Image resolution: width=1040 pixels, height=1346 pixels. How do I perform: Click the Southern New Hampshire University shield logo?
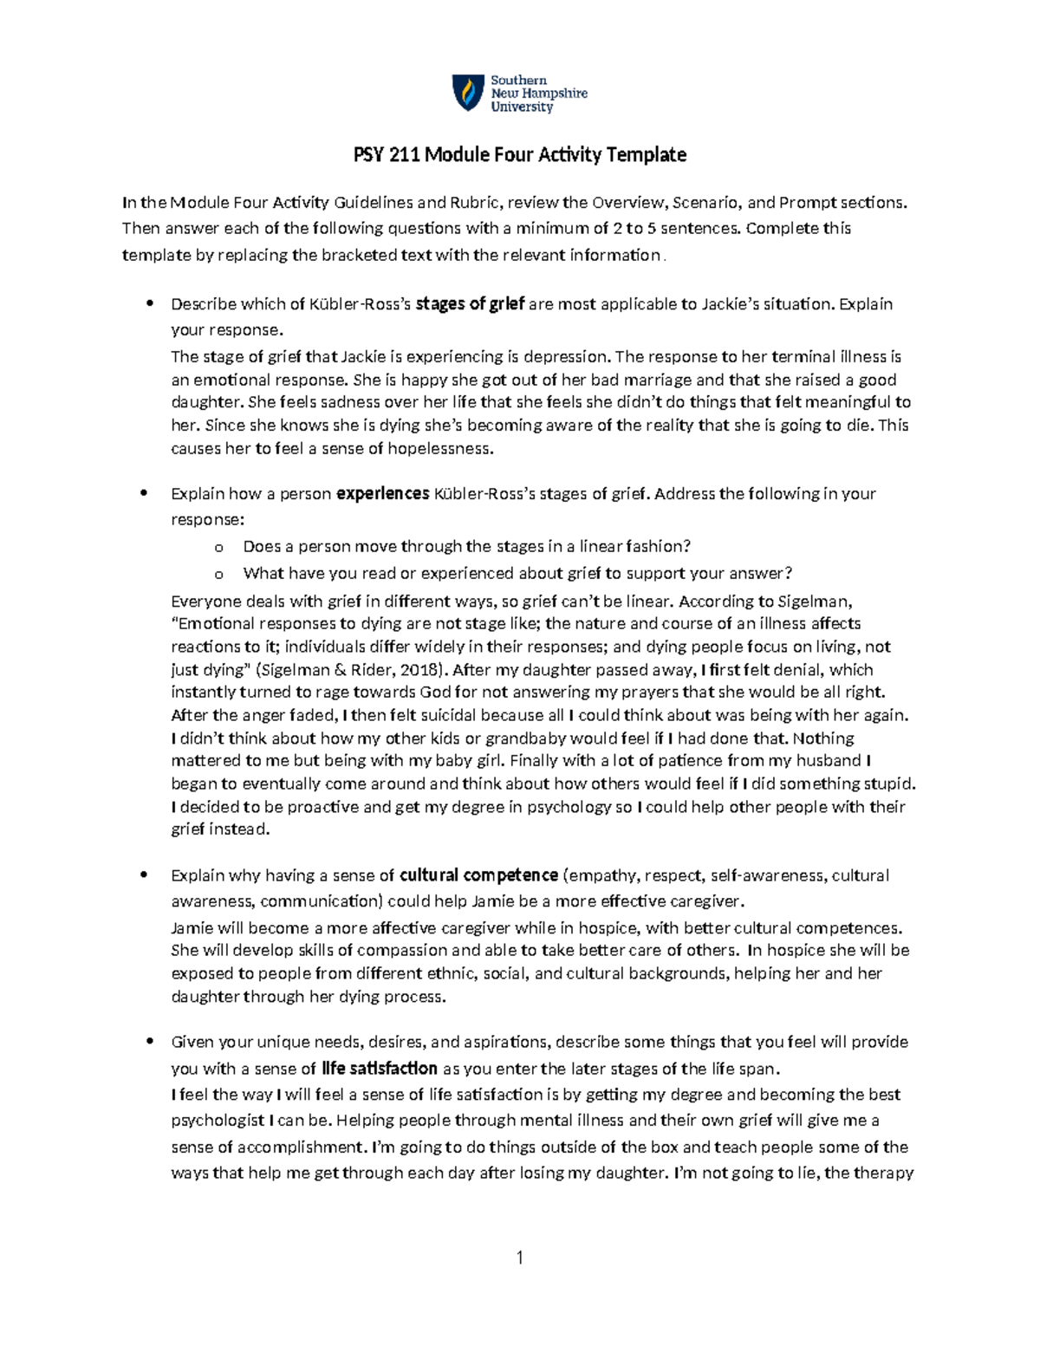468,93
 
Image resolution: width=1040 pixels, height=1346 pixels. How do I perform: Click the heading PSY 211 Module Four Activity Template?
519,155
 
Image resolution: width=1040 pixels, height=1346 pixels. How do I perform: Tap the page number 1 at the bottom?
519,1258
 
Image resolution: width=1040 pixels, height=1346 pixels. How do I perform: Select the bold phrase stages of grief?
471,304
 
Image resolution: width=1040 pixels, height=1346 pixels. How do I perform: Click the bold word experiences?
382,494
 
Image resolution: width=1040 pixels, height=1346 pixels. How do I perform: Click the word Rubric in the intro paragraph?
472,203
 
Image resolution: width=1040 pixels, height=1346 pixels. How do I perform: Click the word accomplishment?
301,1148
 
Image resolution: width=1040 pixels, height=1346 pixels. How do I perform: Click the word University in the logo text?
522,107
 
